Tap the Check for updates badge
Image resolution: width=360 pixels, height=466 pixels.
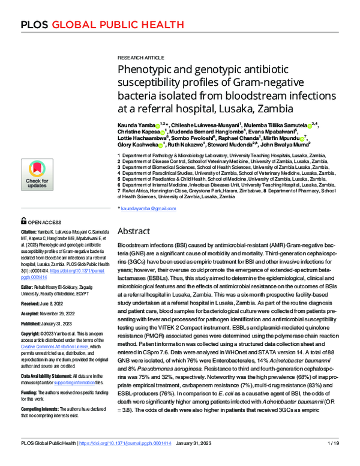click(37, 175)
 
